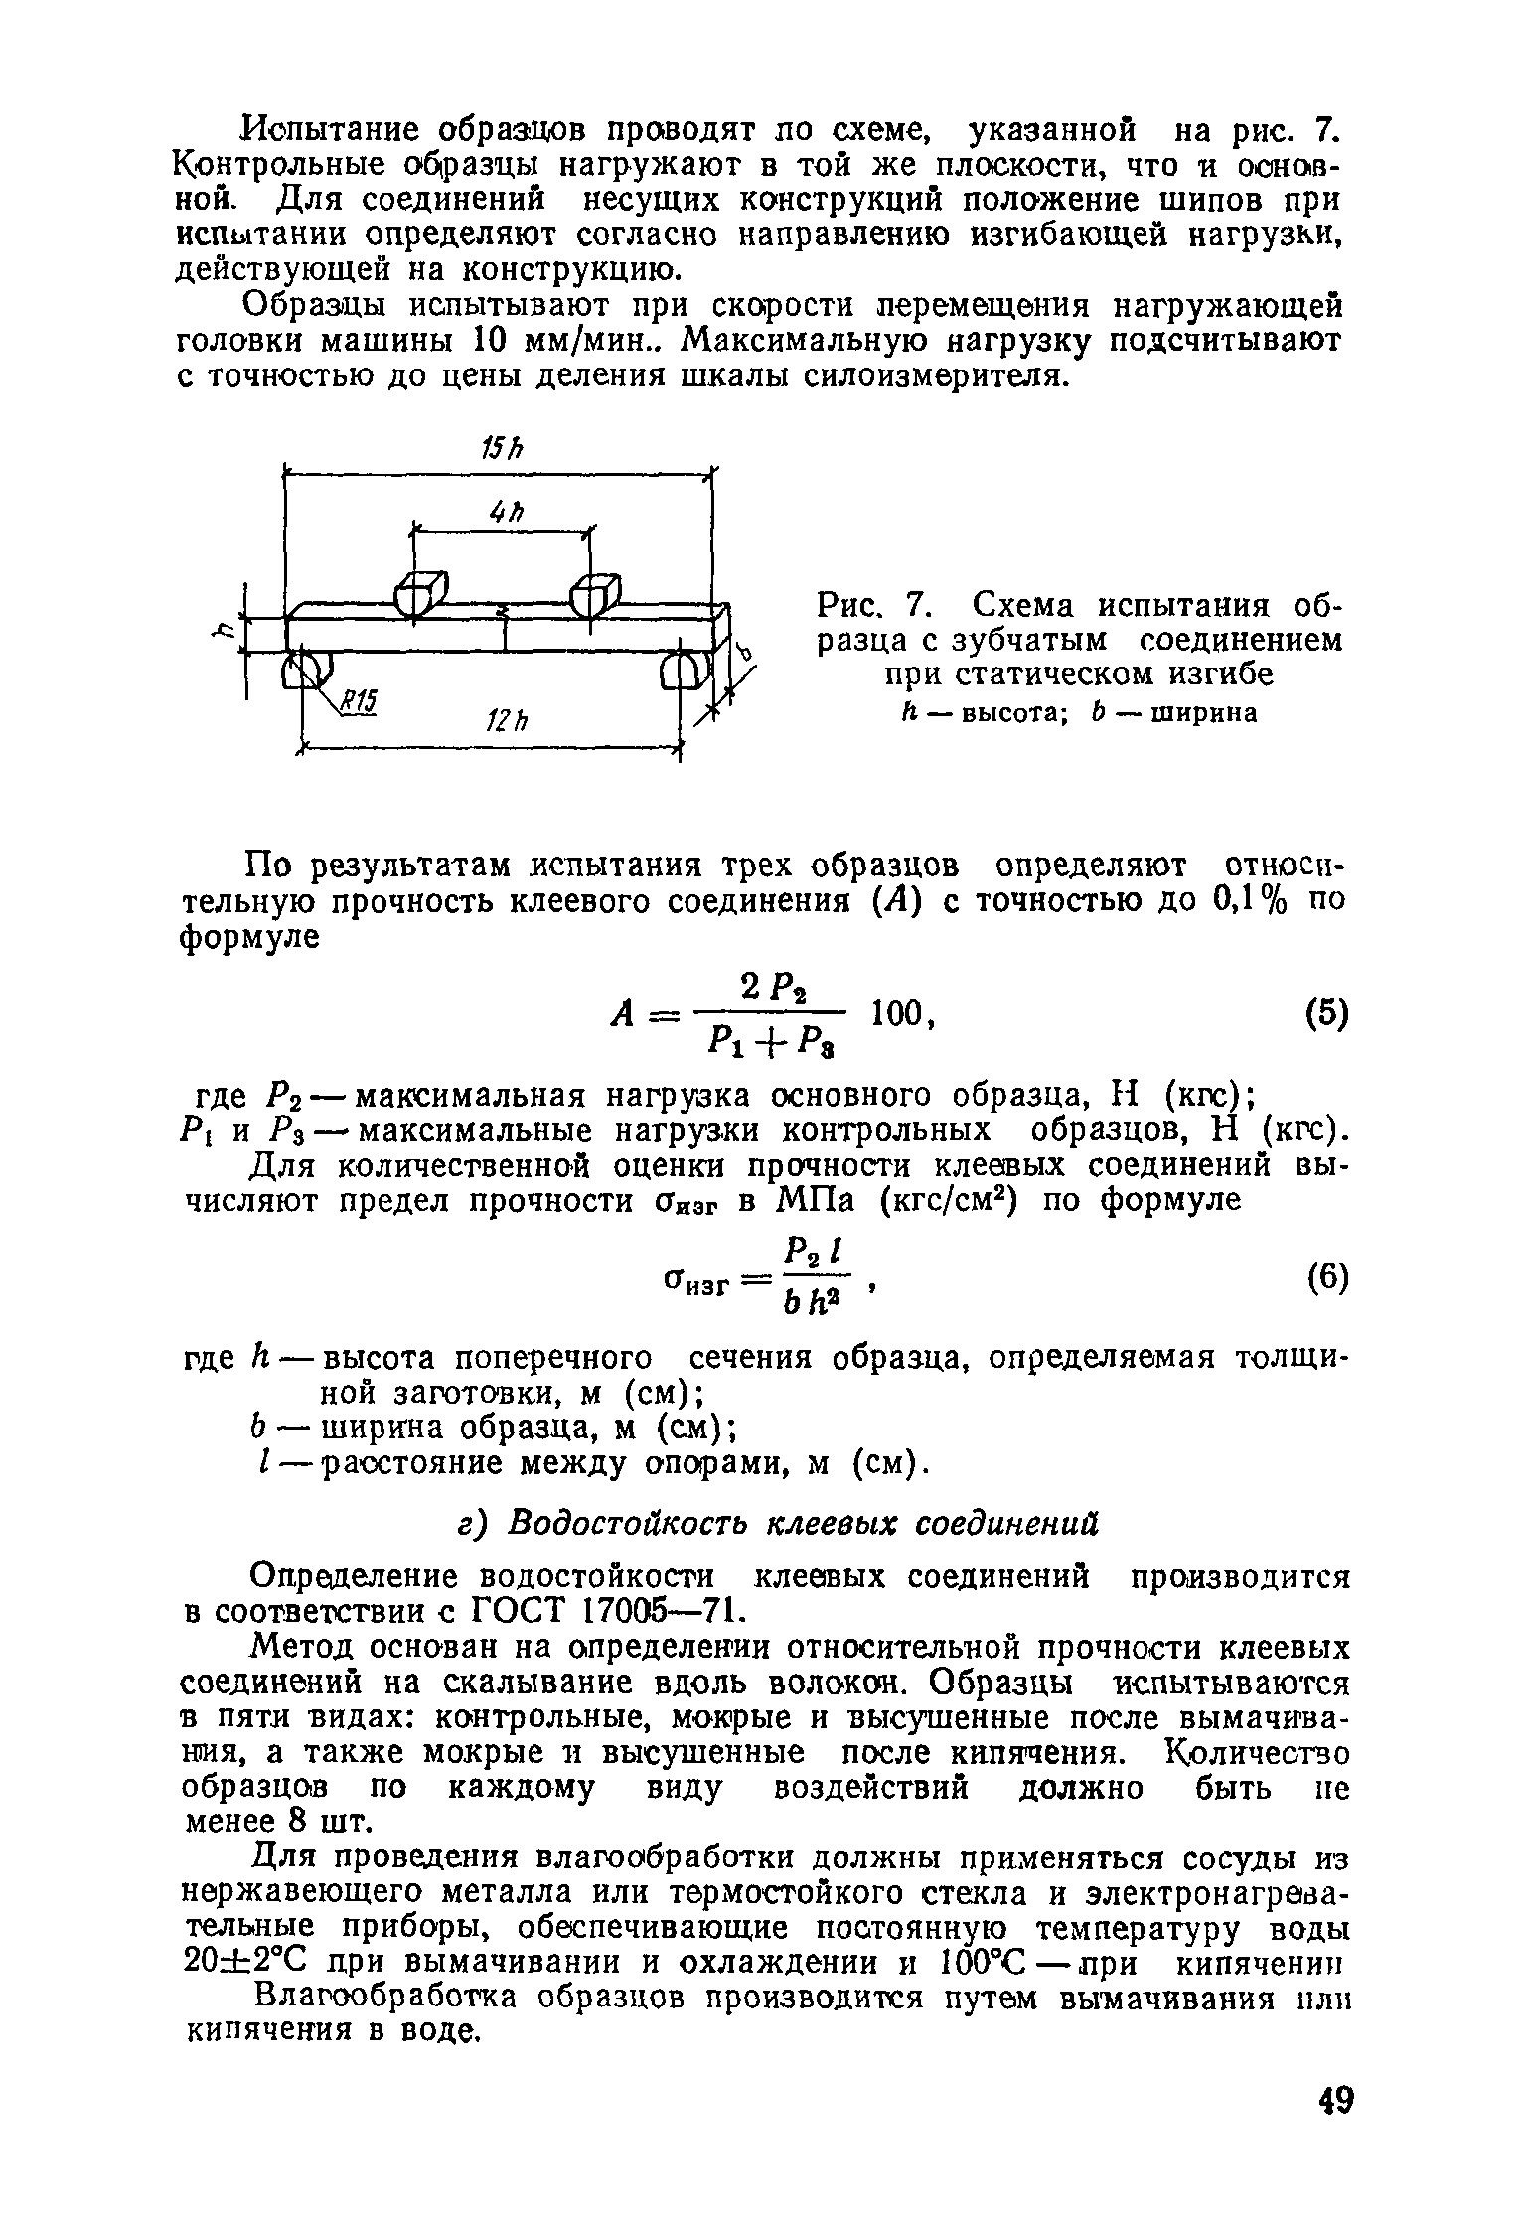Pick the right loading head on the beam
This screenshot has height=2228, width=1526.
[594, 594]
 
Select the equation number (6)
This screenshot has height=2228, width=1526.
[1323, 1281]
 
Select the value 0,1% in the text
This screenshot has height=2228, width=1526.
[1235, 902]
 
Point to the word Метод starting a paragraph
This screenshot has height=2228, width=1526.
[304, 1649]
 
